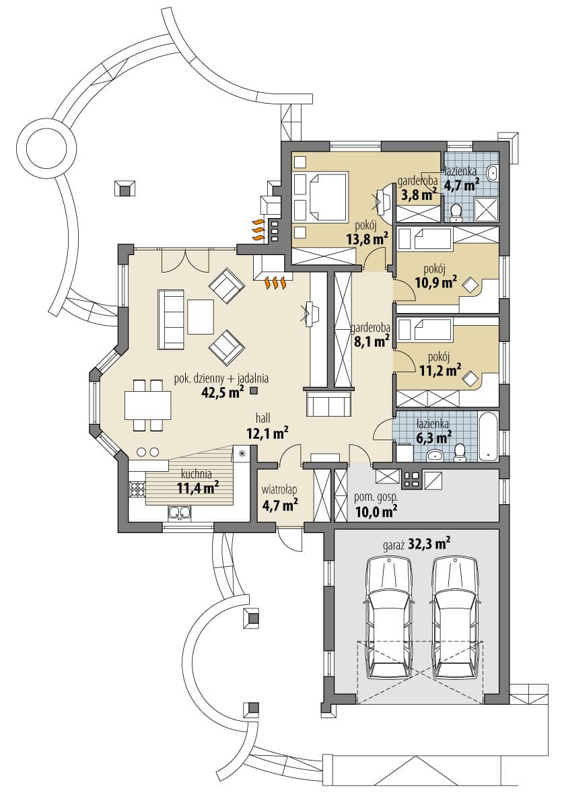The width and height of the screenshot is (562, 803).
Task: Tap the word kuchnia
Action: coord(197,475)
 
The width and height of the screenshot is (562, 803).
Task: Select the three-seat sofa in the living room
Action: coord(171,320)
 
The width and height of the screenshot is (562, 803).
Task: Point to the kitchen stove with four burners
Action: coord(137,489)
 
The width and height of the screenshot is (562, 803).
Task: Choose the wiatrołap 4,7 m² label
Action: coord(280,499)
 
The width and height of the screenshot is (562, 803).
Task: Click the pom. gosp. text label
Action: coord(376,497)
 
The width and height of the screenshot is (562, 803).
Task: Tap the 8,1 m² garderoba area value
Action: coord(372,341)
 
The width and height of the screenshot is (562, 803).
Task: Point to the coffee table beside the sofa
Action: coord(201,316)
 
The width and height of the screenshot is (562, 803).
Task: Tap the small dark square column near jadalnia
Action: coord(254,392)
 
